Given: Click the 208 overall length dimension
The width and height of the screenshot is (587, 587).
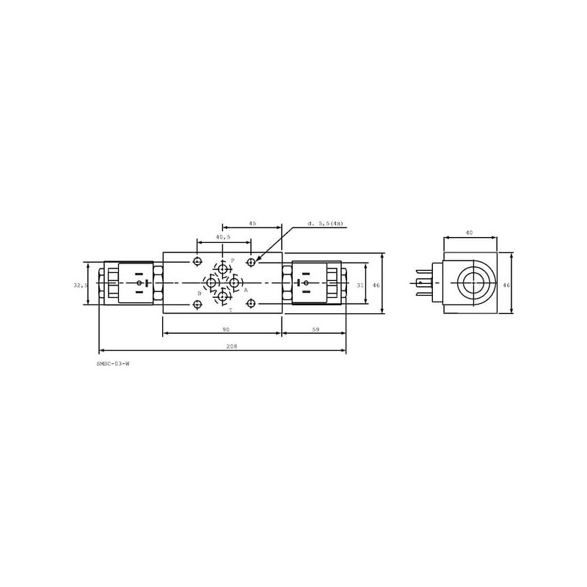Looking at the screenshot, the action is pyautogui.click(x=232, y=346).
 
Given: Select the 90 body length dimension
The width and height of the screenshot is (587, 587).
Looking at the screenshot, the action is pyautogui.click(x=226, y=329).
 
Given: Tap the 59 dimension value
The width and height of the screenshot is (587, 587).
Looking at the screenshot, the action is pyautogui.click(x=316, y=329).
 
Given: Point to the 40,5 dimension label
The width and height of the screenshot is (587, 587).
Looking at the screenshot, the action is pyautogui.click(x=223, y=237).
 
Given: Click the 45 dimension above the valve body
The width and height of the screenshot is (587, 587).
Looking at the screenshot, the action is pyautogui.click(x=252, y=223).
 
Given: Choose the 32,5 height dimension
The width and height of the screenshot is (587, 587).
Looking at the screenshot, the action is pyautogui.click(x=81, y=285).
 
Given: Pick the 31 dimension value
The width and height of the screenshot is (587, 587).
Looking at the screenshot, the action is pyautogui.click(x=360, y=285).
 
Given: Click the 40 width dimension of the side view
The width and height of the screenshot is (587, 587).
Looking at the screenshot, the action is pyautogui.click(x=469, y=233).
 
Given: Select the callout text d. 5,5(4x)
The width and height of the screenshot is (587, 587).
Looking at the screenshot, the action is pyautogui.click(x=325, y=224).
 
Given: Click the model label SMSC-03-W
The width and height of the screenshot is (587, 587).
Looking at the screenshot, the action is pyautogui.click(x=113, y=363).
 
